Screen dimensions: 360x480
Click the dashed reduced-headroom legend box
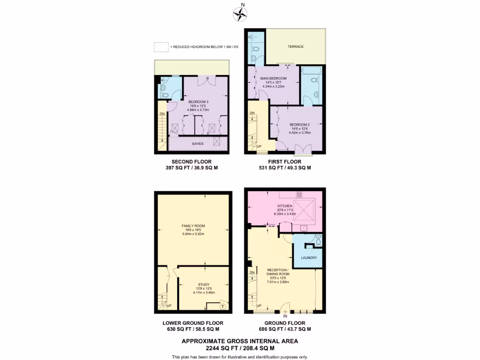(161, 47)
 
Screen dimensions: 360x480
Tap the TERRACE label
(295, 46)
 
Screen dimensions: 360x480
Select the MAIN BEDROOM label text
(273, 78)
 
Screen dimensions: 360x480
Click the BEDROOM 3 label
(198, 102)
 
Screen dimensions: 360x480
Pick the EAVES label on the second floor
(198, 143)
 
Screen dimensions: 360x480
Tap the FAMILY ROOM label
(193, 226)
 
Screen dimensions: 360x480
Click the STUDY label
(203, 284)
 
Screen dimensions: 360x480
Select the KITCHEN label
(285, 206)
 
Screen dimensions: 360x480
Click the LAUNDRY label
(309, 258)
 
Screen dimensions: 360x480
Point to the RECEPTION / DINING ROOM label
(278, 272)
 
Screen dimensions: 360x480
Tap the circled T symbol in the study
(223, 307)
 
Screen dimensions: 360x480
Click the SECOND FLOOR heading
(193, 162)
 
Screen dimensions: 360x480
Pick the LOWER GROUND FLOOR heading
(193, 323)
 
